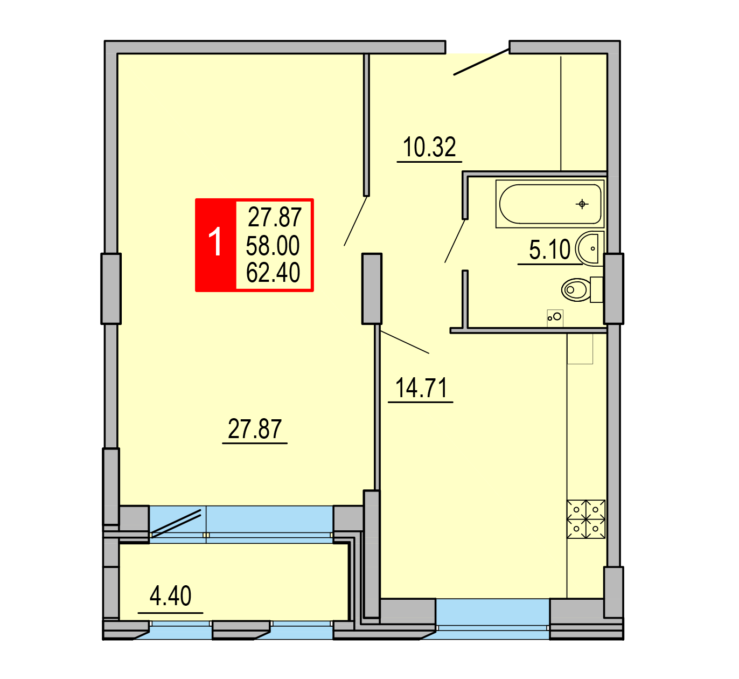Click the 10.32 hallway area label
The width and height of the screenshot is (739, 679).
coord(429,147)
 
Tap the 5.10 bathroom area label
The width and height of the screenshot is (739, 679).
coord(549,250)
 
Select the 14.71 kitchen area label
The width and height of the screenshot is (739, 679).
coord(421,388)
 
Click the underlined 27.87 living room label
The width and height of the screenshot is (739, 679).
coord(255,429)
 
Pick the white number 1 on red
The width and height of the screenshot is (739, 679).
coord(215,241)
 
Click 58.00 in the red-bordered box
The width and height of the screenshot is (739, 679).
coord(273,246)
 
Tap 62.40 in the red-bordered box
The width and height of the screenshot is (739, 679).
coord(273,273)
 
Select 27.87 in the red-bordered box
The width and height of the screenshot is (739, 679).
coord(275,217)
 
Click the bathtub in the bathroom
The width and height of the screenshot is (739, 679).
coord(549,204)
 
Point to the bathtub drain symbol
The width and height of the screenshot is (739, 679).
coord(582,204)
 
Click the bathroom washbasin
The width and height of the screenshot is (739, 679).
coord(589,248)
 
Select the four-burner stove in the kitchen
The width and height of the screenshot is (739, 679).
coord(585,519)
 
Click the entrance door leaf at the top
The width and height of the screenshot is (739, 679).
coord(482,61)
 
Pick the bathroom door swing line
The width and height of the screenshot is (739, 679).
coord(455,241)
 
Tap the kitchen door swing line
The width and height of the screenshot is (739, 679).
coord(405,342)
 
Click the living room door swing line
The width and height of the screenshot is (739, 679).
coord(355,221)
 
